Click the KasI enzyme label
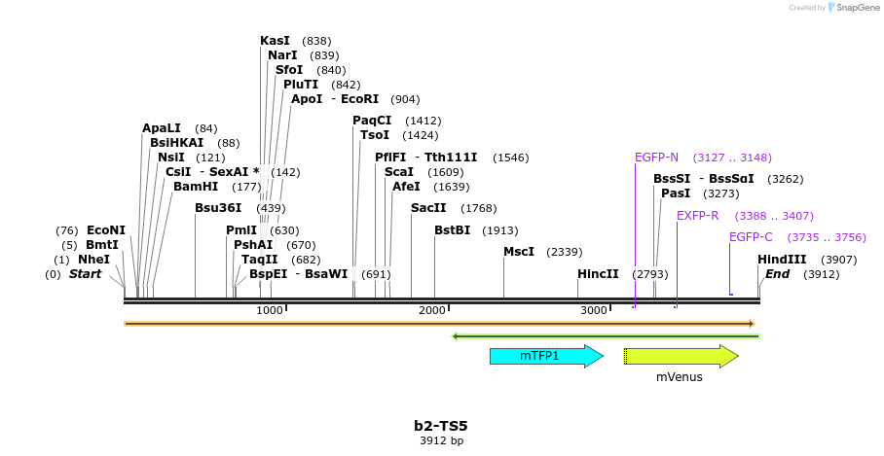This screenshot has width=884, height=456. pyautogui.click(x=275, y=41)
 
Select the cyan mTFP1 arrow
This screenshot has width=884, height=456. pyautogui.click(x=545, y=356)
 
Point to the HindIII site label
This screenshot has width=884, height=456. pyautogui.click(x=782, y=260)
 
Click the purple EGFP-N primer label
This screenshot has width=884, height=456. pyautogui.click(x=656, y=158)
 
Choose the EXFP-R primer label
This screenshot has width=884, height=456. pyautogui.click(x=697, y=216)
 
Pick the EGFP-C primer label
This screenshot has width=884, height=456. pyautogui.click(x=751, y=237)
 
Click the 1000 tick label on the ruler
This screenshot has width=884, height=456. pyautogui.click(x=270, y=310)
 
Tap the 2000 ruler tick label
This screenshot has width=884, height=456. pyautogui.click(x=432, y=310)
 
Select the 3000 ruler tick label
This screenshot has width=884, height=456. pyautogui.click(x=594, y=310)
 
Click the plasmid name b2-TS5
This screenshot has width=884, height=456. pyautogui.click(x=441, y=426)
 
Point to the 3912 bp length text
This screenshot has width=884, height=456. pyautogui.click(x=441, y=441)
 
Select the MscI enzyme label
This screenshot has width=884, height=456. pyautogui.click(x=519, y=252)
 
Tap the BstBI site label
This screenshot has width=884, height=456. pyautogui.click(x=452, y=230)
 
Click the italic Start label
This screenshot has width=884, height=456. pyautogui.click(x=85, y=274)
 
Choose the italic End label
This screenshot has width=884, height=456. pyautogui.click(x=777, y=274)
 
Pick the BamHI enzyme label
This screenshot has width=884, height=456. pyautogui.click(x=196, y=186)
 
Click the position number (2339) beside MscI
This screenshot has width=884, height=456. pyautogui.click(x=565, y=252)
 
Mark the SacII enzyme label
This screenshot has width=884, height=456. pyautogui.click(x=428, y=208)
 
